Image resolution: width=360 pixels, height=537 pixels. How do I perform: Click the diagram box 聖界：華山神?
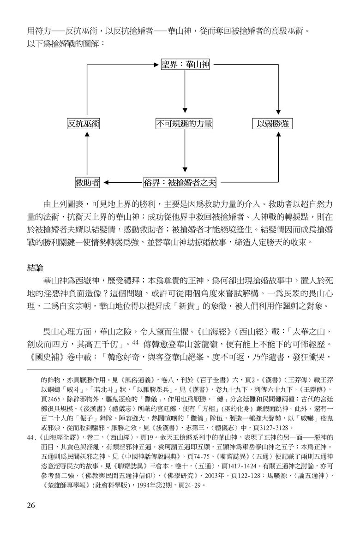point(186,65)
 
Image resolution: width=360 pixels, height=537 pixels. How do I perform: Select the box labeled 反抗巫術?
point(83,124)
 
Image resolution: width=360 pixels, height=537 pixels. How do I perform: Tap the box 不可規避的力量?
point(184,124)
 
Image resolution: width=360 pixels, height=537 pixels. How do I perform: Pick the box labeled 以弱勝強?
point(273,124)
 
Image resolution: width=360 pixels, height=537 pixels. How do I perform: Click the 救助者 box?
point(87,183)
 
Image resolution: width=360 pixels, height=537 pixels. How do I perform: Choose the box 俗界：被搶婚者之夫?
point(180,183)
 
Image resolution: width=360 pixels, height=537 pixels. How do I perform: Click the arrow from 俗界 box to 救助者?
point(123,183)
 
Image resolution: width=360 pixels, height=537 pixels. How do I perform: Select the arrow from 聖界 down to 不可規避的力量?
point(185,91)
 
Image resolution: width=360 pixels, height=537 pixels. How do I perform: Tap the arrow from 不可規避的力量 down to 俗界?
point(185,150)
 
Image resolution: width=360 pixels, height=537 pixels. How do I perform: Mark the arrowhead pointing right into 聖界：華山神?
point(158,64)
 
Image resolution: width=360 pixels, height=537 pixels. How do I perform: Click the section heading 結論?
point(35,268)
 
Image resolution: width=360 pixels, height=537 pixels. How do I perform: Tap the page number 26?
point(31,505)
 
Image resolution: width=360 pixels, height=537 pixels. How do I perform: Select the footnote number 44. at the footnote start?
point(32,437)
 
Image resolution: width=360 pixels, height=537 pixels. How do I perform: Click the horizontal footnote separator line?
point(84,370)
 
